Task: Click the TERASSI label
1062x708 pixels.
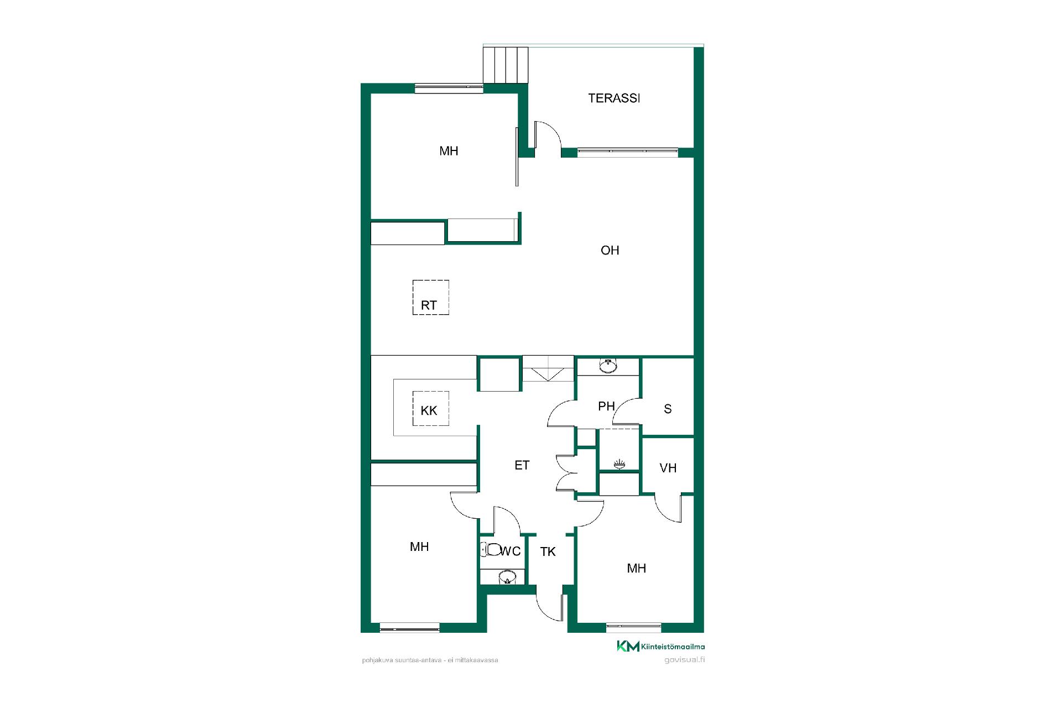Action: [614, 98]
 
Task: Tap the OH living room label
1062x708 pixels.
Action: [610, 251]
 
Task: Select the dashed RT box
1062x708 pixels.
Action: [430, 298]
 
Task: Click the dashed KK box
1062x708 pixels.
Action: [430, 409]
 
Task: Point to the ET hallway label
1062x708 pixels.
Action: [522, 465]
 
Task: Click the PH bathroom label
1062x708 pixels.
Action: [606, 407]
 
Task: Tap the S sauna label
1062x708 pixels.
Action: [668, 409]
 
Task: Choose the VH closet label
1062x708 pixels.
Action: [668, 468]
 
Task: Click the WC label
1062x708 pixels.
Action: [511, 551]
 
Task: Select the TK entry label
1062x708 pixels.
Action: [548, 551]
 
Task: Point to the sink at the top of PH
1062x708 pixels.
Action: [608, 366]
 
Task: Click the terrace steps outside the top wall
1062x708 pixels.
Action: [506, 65]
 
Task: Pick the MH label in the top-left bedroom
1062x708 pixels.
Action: [449, 151]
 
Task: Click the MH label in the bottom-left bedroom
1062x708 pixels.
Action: [419, 547]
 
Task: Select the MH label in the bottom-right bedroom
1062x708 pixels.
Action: [637, 569]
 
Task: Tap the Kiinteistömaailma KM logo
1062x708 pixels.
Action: [661, 646]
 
